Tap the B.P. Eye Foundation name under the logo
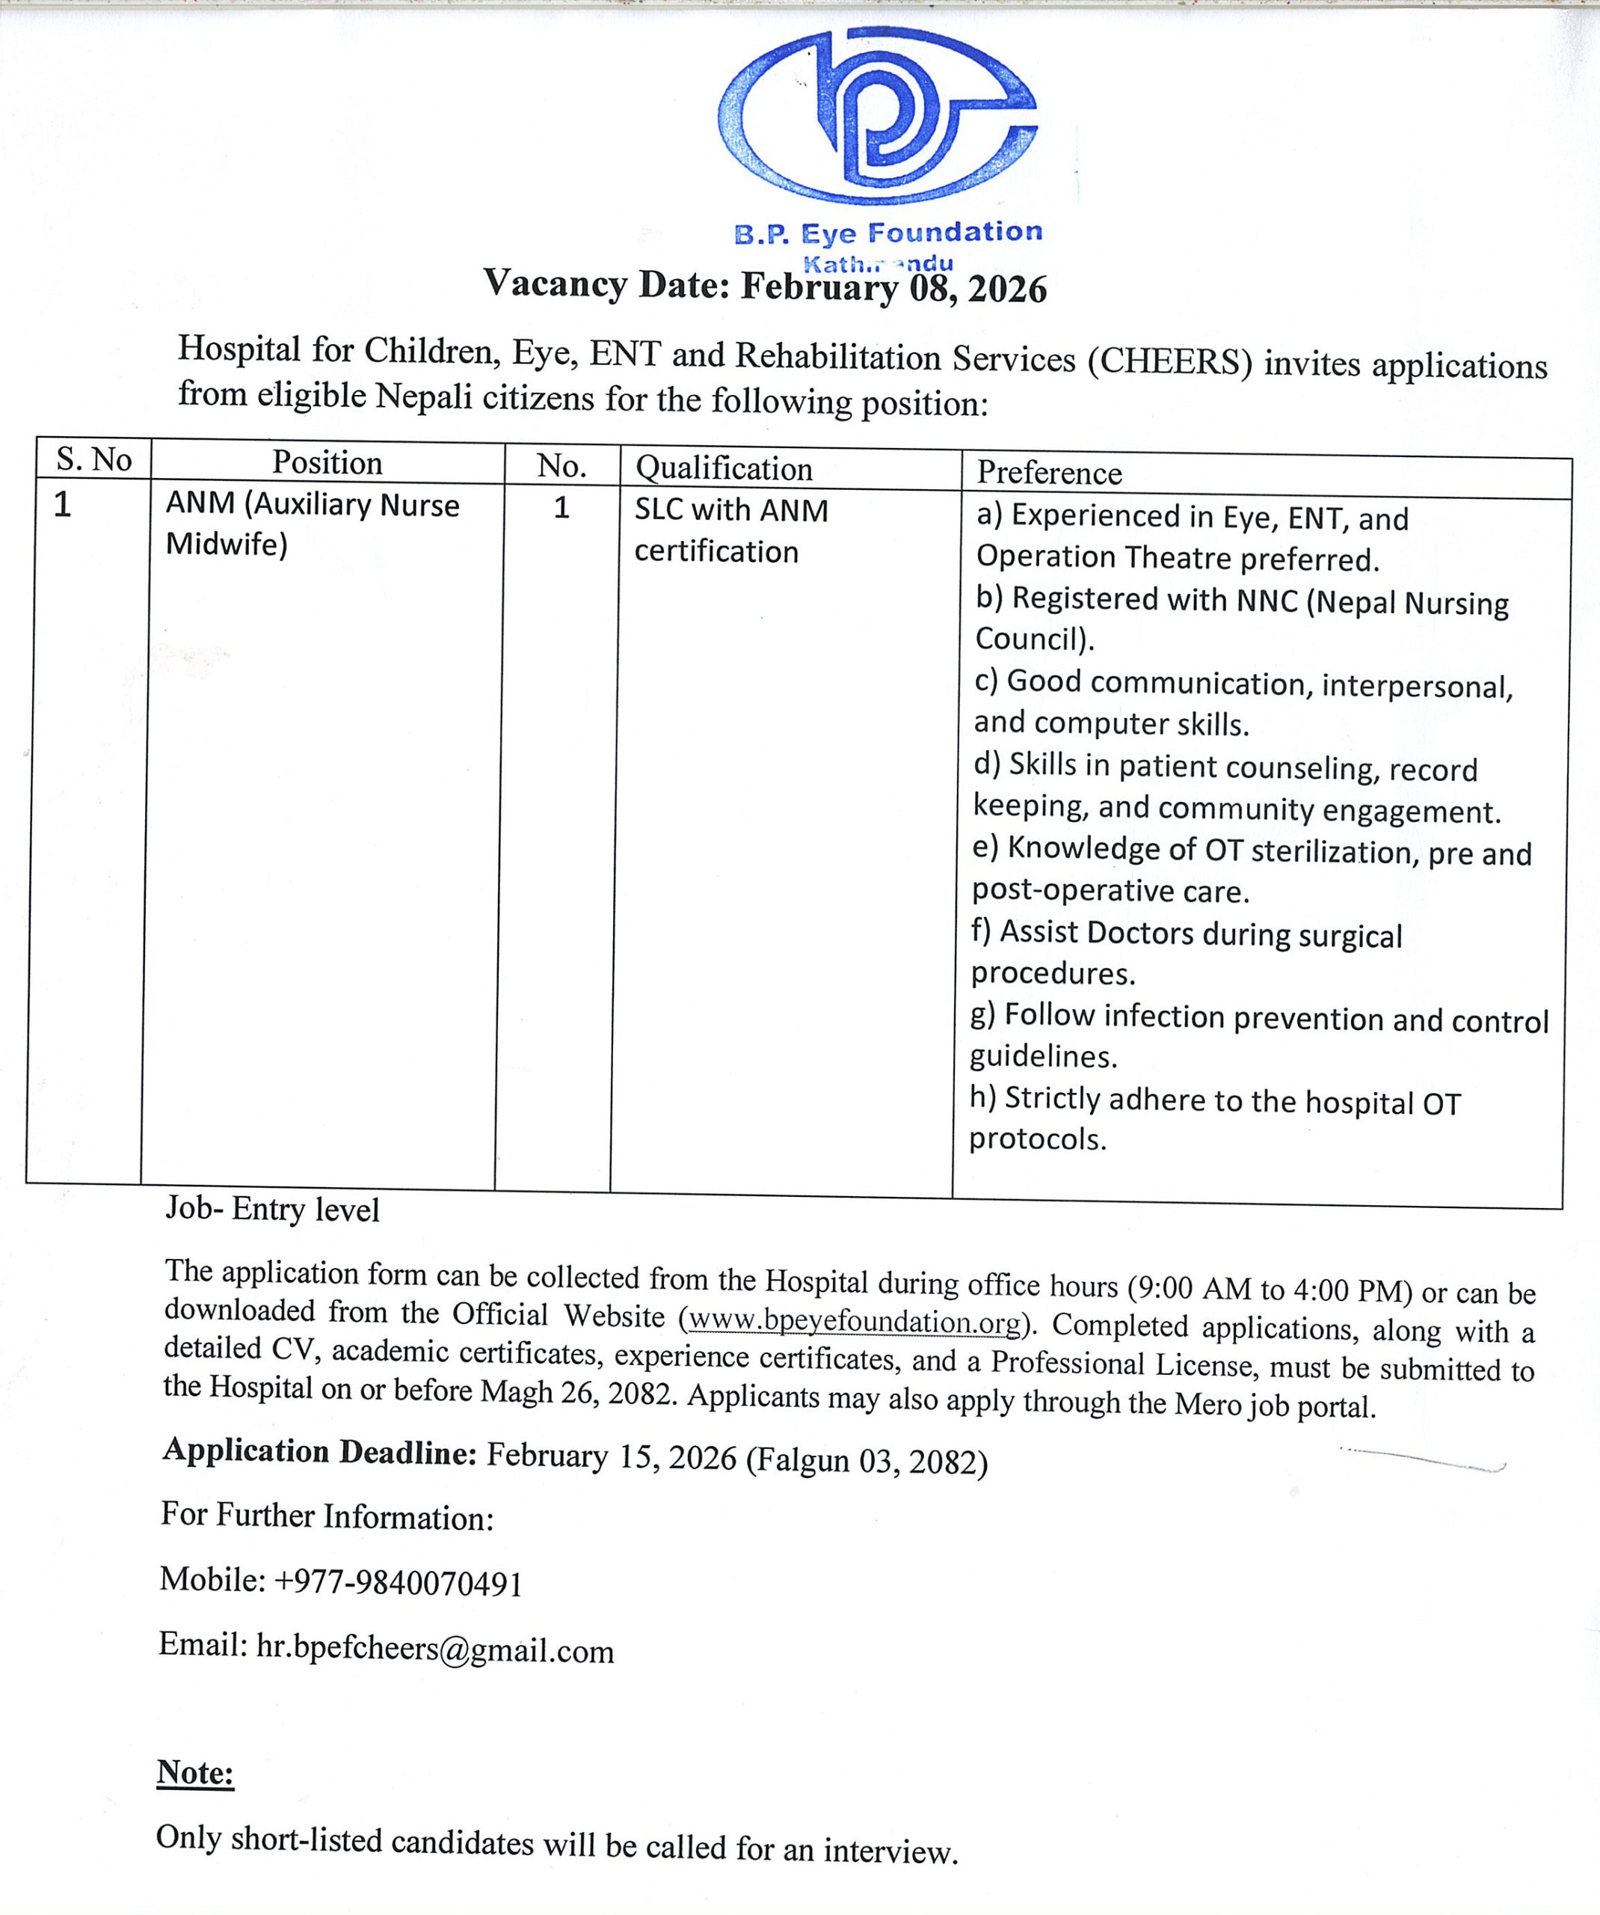tap(888, 233)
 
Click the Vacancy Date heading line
tap(764, 286)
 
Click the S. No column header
tap(94, 459)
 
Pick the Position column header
tap(327, 463)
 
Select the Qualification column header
tap(724, 469)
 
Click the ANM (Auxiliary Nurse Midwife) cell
tap(312, 524)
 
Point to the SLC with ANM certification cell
tap(731, 530)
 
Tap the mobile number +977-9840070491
tap(398, 1583)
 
